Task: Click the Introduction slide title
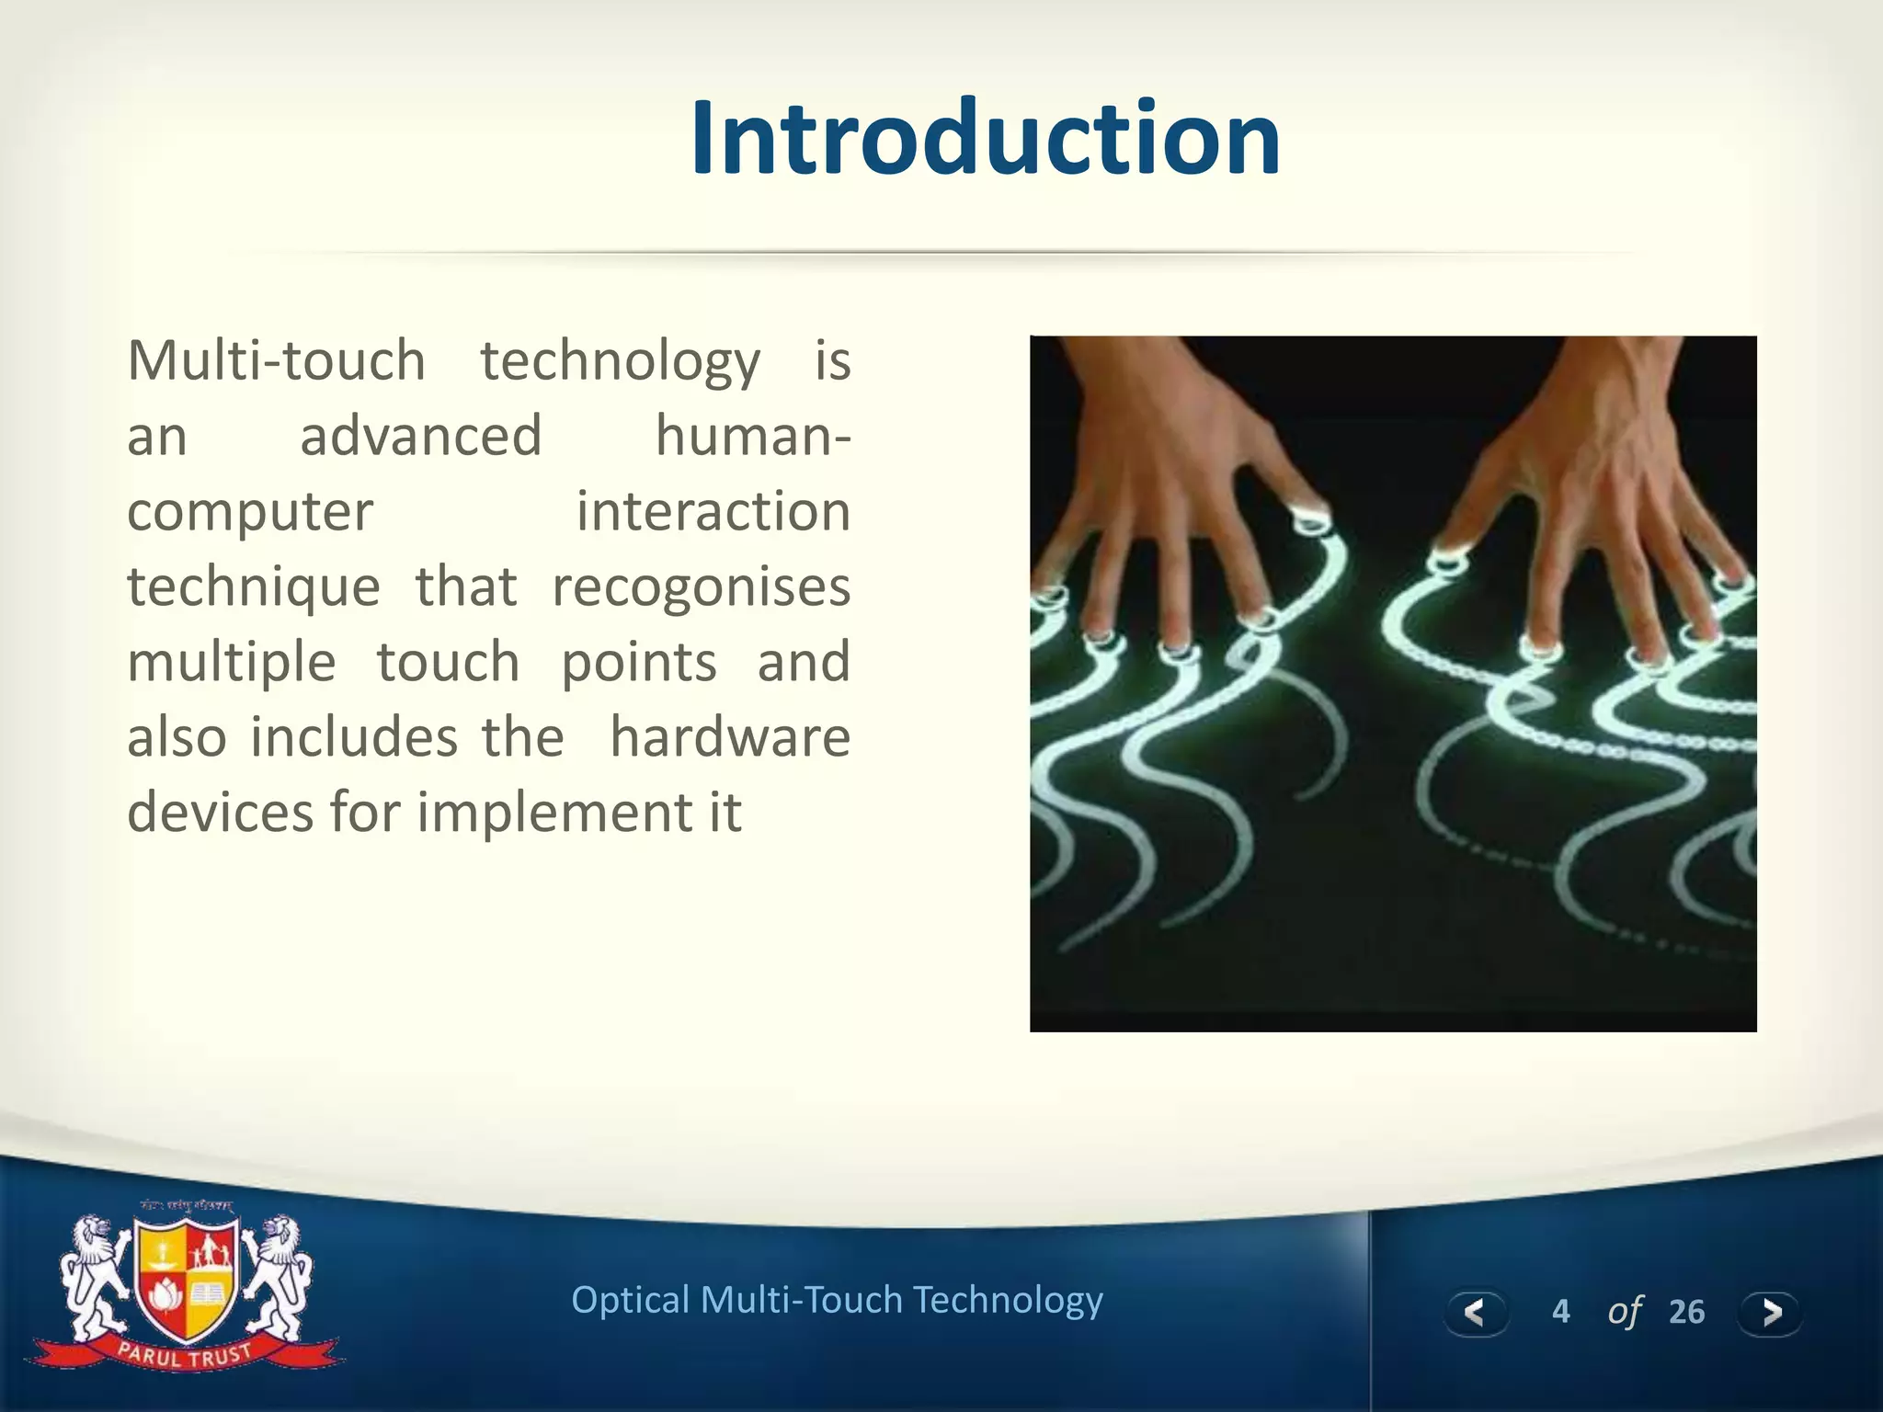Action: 985,138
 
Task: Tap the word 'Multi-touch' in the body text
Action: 276,360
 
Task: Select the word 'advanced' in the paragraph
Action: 421,436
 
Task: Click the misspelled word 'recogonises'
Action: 701,587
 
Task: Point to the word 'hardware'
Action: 730,737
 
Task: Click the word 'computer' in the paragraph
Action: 250,512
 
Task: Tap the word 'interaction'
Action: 713,511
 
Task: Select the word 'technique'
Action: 254,587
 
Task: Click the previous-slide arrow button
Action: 1475,1312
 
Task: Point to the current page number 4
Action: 1560,1312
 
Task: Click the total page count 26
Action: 1686,1312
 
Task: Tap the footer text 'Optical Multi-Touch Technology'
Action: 837,1300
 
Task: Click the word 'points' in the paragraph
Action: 638,663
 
